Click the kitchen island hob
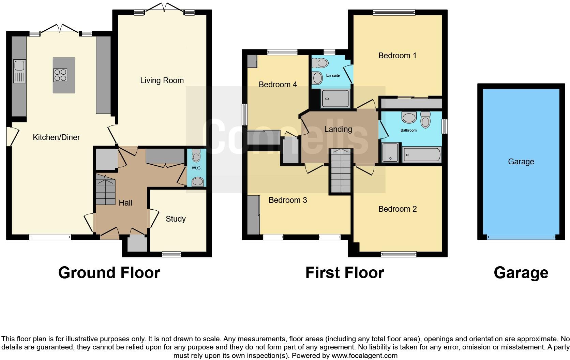click(x=60, y=75)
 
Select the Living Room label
click(x=162, y=80)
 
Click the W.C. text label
click(x=196, y=168)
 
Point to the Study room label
click(x=176, y=219)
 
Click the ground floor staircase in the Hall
click(x=105, y=189)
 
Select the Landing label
click(x=338, y=129)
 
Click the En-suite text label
click(x=333, y=75)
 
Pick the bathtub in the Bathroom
click(x=422, y=155)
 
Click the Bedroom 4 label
click(x=278, y=85)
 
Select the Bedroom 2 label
click(x=397, y=209)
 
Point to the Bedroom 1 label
click(x=397, y=56)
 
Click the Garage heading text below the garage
click(x=521, y=273)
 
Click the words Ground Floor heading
click(x=109, y=273)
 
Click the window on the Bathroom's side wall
click(x=445, y=126)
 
